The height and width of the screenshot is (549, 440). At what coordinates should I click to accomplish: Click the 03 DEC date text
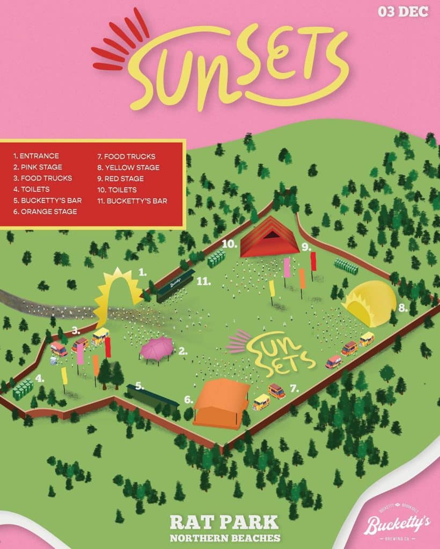click(x=403, y=11)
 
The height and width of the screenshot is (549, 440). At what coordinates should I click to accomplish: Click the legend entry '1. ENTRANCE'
click(x=36, y=156)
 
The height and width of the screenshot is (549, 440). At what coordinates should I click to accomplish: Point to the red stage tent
click(x=269, y=238)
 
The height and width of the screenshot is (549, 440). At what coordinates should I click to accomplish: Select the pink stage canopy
click(x=156, y=348)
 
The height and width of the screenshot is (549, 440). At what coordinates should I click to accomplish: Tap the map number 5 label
click(x=140, y=385)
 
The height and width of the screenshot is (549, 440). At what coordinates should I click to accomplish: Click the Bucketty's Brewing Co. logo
click(x=397, y=526)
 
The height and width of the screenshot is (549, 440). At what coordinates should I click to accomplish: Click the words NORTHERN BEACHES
click(x=224, y=537)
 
